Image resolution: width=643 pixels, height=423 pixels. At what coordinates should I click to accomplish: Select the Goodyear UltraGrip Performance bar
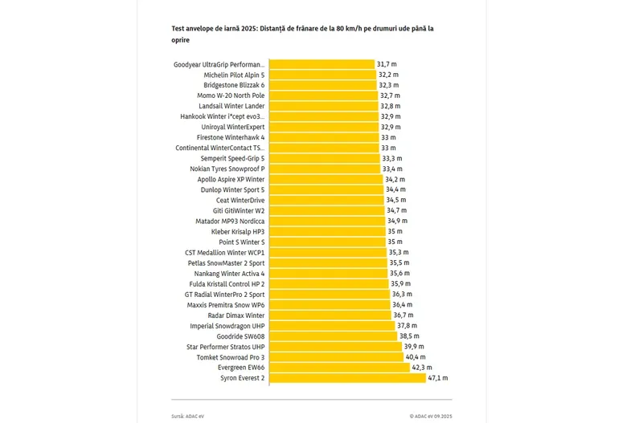pos(321,64)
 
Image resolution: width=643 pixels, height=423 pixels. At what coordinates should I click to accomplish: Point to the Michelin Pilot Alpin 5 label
pos(234,75)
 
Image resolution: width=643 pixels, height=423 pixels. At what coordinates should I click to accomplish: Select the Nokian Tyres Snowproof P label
pos(229,169)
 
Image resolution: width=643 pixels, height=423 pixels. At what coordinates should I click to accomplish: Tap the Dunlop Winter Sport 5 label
pos(231,189)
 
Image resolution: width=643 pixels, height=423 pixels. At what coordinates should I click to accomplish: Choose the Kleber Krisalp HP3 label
pos(238,232)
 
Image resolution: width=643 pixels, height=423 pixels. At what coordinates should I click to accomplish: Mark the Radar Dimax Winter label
pos(236,315)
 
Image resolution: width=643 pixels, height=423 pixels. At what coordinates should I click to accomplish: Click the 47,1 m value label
pos(438,378)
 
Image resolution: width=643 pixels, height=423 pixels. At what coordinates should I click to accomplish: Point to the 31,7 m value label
pos(387,64)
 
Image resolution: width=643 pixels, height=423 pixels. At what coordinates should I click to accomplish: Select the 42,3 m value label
pos(422,368)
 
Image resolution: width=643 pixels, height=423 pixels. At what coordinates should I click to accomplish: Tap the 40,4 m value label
pos(416,357)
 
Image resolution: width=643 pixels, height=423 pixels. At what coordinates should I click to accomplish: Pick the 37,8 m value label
pos(408,326)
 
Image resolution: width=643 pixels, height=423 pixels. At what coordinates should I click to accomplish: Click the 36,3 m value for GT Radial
pos(403,295)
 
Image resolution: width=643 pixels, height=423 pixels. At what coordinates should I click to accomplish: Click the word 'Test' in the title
pos(178,28)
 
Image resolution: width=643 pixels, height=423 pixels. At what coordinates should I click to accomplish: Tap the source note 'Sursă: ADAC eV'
pos(189,417)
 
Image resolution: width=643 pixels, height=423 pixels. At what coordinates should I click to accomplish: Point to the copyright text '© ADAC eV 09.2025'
pos(430,417)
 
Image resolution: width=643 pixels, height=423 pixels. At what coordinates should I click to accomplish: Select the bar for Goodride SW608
pos(333,336)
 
